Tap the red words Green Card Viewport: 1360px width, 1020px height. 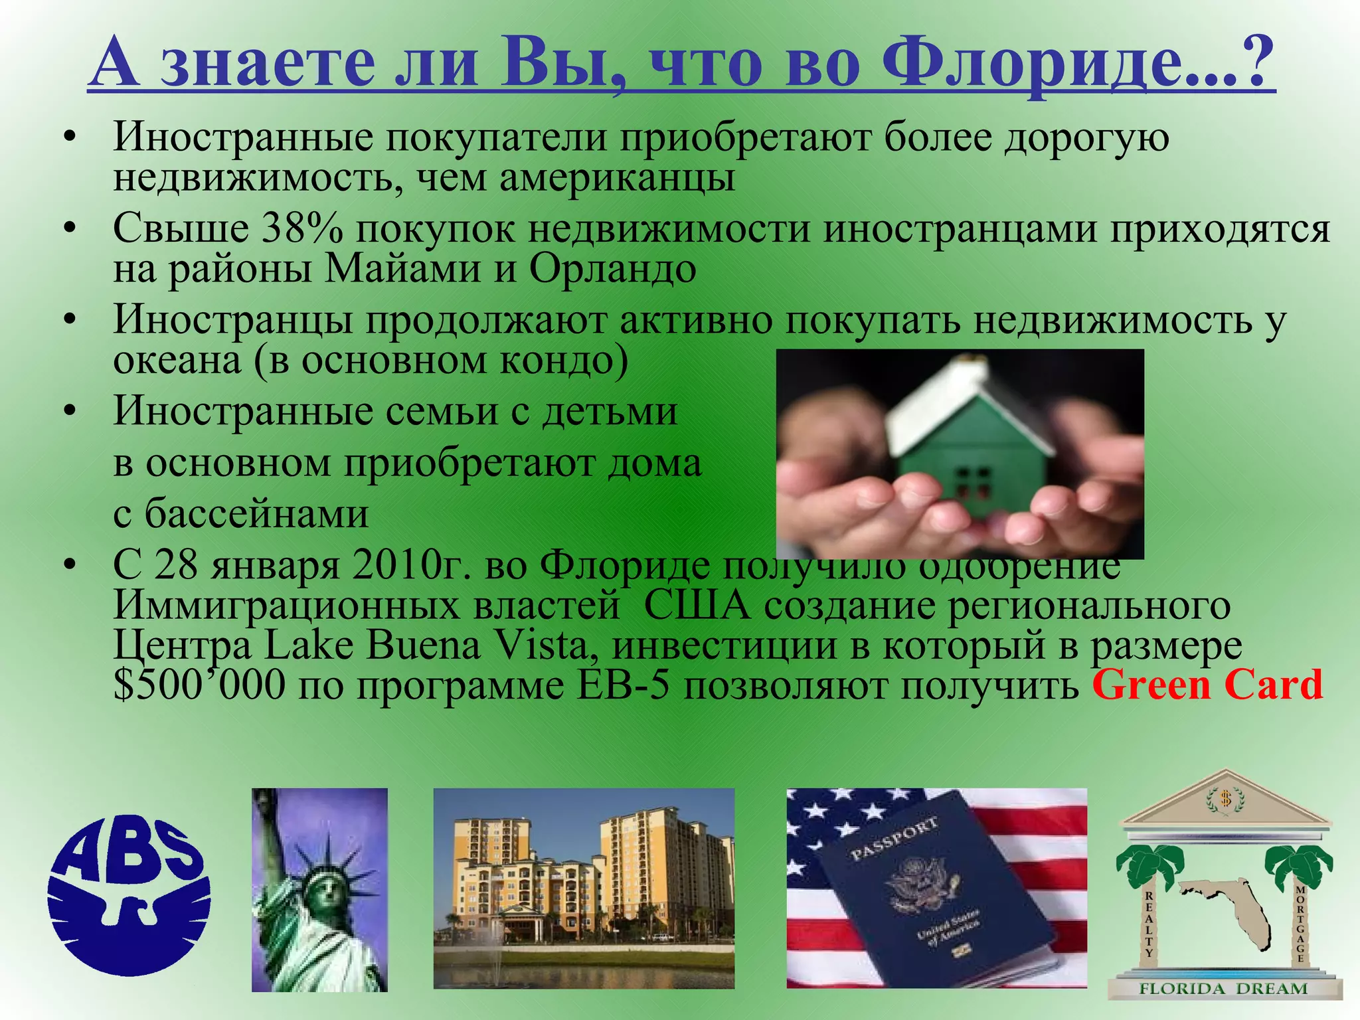[x=1207, y=685]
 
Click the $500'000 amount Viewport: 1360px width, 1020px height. [x=199, y=685]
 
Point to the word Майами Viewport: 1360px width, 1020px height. [x=402, y=269]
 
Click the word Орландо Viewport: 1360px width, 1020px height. [x=612, y=269]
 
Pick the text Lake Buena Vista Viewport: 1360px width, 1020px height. [x=426, y=645]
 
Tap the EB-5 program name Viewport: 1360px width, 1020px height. [x=622, y=685]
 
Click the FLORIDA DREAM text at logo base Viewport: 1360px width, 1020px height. [x=1223, y=989]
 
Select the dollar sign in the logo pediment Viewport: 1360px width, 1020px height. [x=1226, y=799]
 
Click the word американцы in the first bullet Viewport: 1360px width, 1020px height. [x=616, y=178]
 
